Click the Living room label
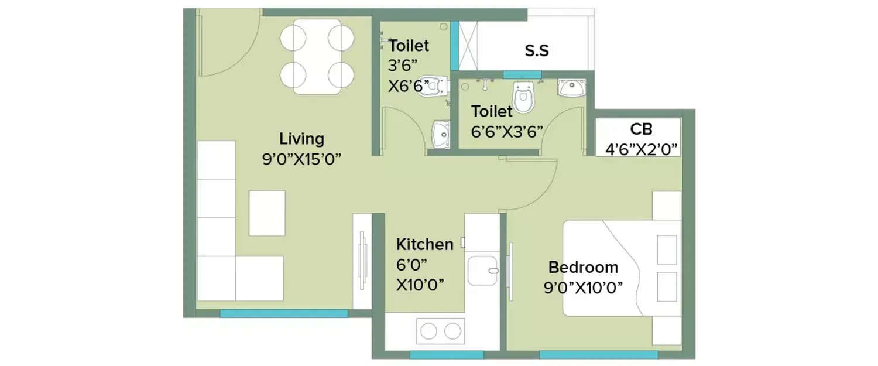click(x=301, y=139)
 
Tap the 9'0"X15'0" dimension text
click(x=301, y=159)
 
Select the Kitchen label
click(x=424, y=244)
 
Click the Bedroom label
click(x=583, y=268)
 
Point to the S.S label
click(x=536, y=51)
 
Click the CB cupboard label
click(x=641, y=129)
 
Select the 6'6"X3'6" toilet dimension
click(x=507, y=131)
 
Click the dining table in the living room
click(x=317, y=56)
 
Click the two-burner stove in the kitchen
click(x=441, y=331)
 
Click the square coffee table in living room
click(x=267, y=213)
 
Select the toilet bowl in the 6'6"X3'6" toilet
click(x=523, y=97)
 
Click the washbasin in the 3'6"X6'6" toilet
click(x=441, y=134)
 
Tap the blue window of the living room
click(x=283, y=313)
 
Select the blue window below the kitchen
click(x=446, y=355)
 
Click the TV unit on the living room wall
click(x=362, y=261)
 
